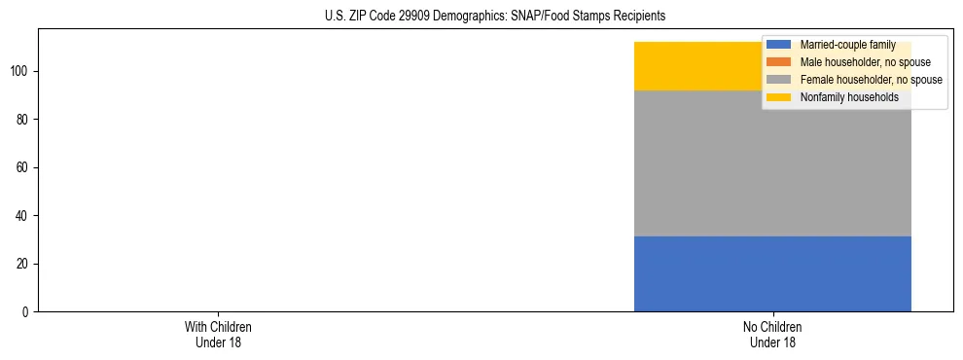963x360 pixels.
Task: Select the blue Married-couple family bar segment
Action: (x=772, y=274)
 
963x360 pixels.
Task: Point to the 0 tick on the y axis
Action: (x=28, y=312)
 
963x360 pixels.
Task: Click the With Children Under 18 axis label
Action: (x=218, y=334)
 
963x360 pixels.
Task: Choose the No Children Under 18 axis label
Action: (x=772, y=334)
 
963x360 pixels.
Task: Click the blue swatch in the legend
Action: (x=779, y=45)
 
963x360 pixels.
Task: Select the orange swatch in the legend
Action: (x=779, y=62)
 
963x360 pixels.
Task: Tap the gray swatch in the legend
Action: (x=779, y=80)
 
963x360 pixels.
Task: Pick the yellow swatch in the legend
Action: (x=779, y=97)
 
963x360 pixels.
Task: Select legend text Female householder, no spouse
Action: (x=871, y=80)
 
